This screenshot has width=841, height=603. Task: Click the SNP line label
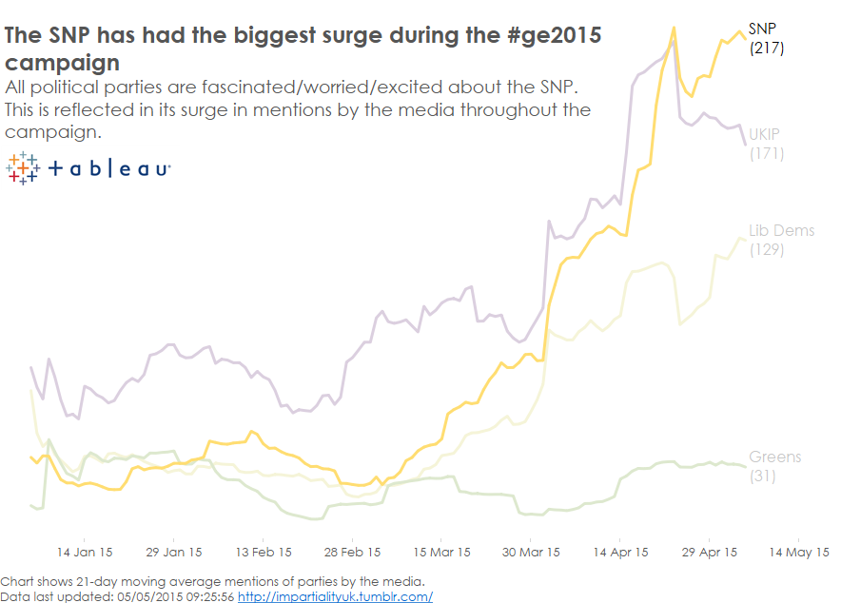coord(763,29)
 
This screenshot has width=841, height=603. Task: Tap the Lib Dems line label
coord(781,231)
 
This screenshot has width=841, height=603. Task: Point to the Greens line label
coord(774,457)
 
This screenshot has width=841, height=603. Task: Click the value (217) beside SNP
coord(767,48)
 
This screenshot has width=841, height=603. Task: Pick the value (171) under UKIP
coord(767,152)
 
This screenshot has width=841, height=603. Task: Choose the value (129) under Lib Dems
coord(767,250)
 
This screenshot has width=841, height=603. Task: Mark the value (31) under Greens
coord(763,476)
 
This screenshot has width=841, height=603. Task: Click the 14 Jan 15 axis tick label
coord(85,552)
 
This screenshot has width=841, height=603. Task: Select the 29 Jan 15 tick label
coord(174,552)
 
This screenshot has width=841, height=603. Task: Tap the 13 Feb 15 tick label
coord(263,552)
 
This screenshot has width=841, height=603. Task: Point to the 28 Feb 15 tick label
coord(353,552)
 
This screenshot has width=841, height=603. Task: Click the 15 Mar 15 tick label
coord(441,552)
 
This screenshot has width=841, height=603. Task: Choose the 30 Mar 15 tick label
coord(531,552)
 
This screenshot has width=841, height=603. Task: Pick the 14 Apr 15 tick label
coord(620,552)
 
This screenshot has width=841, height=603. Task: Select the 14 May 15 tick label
coord(798,552)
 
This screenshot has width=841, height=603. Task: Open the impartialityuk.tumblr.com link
coord(335,596)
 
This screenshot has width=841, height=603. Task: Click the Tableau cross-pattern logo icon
coord(22,168)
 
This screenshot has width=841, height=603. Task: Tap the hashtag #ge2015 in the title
coord(555,37)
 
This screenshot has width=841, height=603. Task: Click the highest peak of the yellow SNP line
coord(674,28)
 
